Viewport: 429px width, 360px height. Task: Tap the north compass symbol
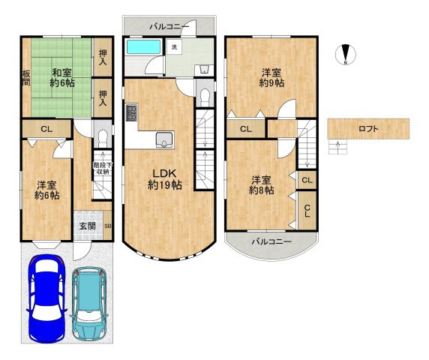(346, 55)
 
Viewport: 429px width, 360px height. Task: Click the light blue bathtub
(144, 47)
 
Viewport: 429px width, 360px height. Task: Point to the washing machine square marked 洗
(174, 46)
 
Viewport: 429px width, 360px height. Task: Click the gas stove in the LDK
(132, 112)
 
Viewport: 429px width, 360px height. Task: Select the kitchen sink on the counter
(164, 139)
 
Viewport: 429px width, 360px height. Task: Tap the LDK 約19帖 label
(165, 179)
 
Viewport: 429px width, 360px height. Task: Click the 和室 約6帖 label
(61, 78)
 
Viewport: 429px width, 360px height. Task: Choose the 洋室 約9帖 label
(271, 78)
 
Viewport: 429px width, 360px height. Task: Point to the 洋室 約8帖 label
(261, 185)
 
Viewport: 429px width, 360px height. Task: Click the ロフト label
(368, 128)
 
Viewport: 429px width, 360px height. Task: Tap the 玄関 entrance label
(88, 226)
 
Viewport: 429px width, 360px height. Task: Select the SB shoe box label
(108, 226)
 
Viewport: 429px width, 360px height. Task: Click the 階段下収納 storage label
(103, 169)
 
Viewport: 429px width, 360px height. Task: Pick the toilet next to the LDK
(205, 97)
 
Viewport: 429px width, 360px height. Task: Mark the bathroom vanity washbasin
(204, 70)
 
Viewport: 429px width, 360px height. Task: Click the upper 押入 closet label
(103, 58)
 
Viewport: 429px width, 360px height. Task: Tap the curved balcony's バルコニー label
(271, 241)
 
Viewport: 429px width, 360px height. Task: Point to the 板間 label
(26, 78)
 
